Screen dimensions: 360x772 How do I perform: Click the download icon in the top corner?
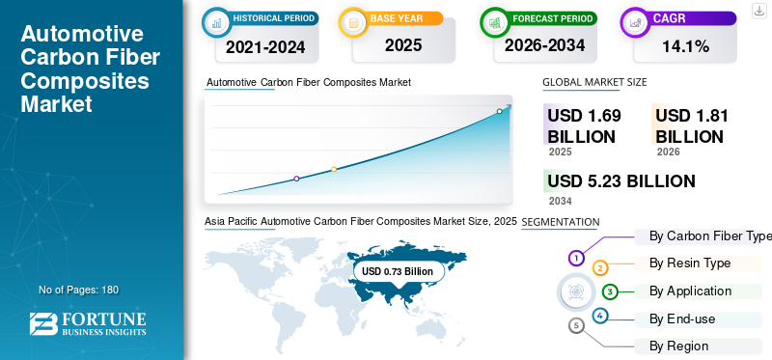pos(758,11)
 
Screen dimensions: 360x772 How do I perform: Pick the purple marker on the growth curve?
pos(296,179)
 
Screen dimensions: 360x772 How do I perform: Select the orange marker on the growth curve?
pos(334,169)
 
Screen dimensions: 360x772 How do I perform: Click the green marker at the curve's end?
pos(499,111)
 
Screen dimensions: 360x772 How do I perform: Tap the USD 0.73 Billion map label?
pos(398,271)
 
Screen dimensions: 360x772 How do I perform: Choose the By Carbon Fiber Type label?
pos(710,236)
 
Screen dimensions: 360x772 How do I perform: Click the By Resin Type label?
pos(690,263)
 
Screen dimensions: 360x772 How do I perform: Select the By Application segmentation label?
pos(690,291)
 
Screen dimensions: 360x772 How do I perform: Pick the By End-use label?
pos(683,318)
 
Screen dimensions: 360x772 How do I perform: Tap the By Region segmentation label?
pos(678,346)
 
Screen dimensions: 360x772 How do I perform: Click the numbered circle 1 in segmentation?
pos(576,258)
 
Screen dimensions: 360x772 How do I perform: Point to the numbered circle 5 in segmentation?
pos(576,326)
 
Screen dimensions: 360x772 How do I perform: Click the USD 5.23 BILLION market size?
pos(621,181)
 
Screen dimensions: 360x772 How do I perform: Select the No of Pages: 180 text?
pos(78,290)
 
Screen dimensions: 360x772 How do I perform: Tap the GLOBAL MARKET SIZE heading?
pos(594,83)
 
